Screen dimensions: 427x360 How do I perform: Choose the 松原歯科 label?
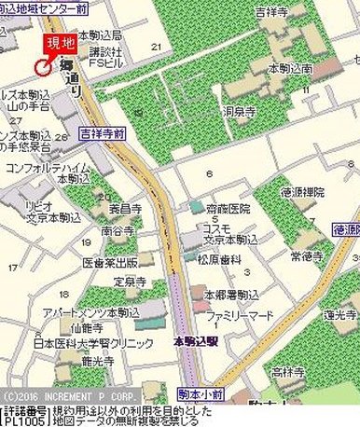coord(223,258)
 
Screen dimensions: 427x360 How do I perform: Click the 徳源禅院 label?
coord(305,191)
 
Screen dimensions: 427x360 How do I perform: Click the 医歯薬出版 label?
coord(110,262)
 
